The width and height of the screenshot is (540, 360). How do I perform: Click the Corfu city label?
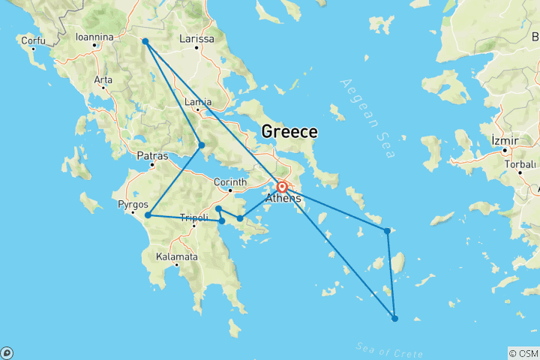pyautogui.click(x=32, y=40)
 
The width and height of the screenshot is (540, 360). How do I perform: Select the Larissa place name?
pyautogui.click(x=197, y=39)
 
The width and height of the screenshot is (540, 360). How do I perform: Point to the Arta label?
pyautogui.click(x=103, y=79)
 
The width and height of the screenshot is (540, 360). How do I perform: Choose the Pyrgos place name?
pyautogui.click(x=132, y=204)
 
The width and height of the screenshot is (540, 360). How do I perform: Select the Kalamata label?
pyautogui.click(x=176, y=256)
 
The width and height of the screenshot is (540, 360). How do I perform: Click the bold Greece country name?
pyautogui.click(x=289, y=132)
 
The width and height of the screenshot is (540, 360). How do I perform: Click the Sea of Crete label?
pyautogui.click(x=387, y=351)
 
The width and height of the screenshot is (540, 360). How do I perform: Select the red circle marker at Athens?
pyautogui.click(x=282, y=187)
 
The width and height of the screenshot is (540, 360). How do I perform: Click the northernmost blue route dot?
pyautogui.click(x=145, y=41)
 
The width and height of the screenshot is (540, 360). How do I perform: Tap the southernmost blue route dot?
pyautogui.click(x=395, y=319)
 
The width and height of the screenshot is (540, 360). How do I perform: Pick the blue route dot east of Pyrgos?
pyautogui.click(x=148, y=215)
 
